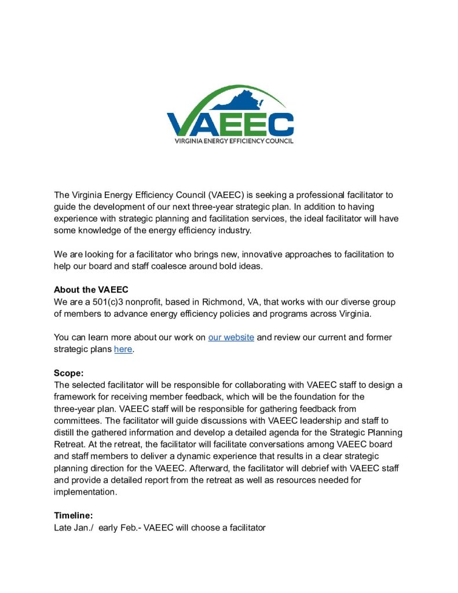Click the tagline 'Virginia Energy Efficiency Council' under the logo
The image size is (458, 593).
point(230,141)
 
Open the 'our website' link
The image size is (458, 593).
point(231,337)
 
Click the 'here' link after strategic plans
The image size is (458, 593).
point(123,349)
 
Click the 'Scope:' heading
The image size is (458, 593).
point(69,374)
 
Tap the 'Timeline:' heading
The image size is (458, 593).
point(74,515)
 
